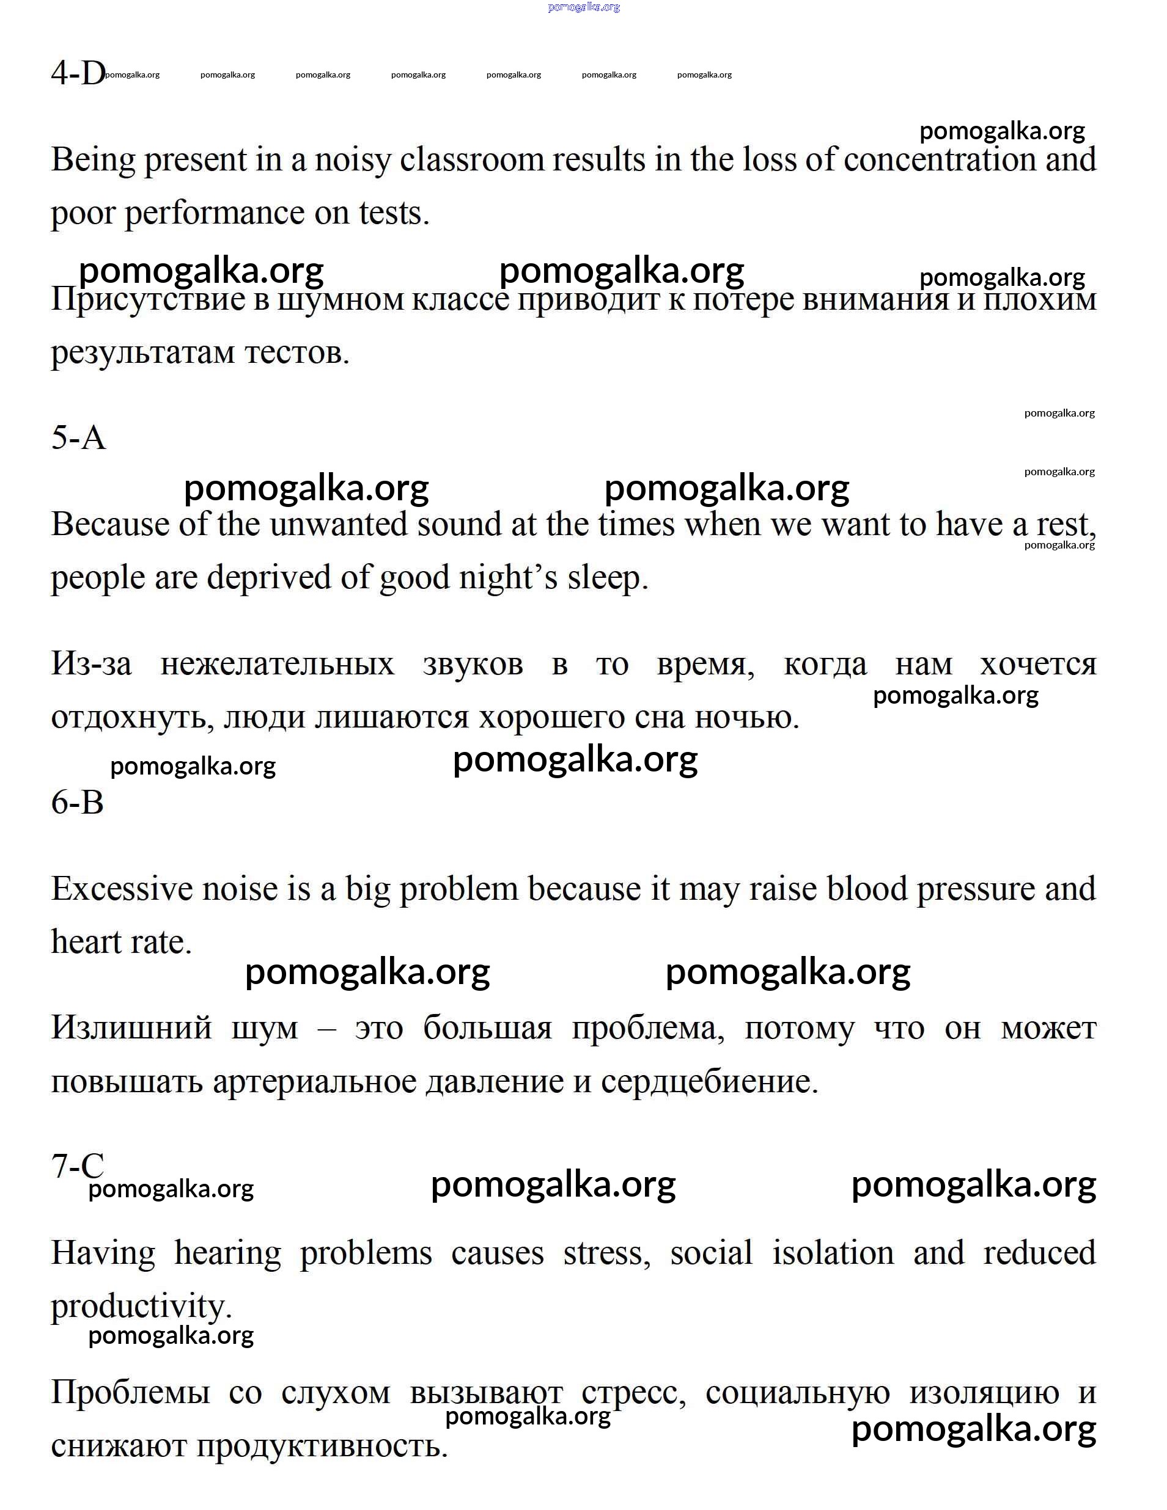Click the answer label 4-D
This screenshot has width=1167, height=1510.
point(78,73)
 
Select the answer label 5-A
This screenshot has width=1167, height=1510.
point(78,437)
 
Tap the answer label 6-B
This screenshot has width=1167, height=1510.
point(78,802)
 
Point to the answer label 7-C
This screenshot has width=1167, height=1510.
point(78,1165)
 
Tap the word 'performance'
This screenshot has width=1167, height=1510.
point(214,214)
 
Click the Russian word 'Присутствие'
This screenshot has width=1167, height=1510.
point(148,299)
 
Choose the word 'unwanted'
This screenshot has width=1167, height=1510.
point(338,524)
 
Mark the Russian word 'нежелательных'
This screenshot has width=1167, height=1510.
point(277,665)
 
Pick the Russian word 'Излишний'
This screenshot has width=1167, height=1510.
point(131,1028)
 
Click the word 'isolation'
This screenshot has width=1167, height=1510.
point(832,1253)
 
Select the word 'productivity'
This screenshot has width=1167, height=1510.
point(141,1307)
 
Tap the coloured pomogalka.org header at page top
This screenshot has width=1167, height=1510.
point(583,7)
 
